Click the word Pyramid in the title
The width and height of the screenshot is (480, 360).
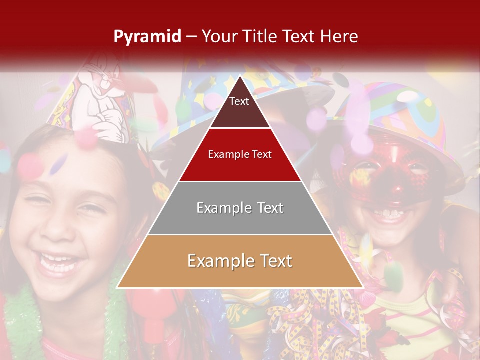click(x=147, y=37)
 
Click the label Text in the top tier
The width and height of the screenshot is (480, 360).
click(x=239, y=101)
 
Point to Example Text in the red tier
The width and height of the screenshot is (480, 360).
click(x=240, y=154)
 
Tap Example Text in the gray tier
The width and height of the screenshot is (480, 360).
click(x=240, y=208)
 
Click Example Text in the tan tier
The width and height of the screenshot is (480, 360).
click(x=240, y=261)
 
